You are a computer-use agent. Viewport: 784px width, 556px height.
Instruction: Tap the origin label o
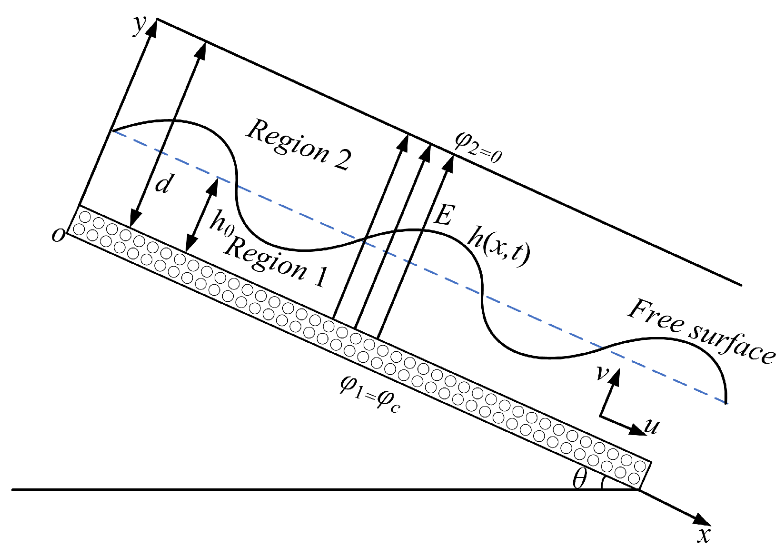pyautogui.click(x=58, y=235)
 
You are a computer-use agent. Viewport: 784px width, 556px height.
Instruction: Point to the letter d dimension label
pyautogui.click(x=163, y=183)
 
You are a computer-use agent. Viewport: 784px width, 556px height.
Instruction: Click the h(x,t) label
pyautogui.click(x=498, y=248)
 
